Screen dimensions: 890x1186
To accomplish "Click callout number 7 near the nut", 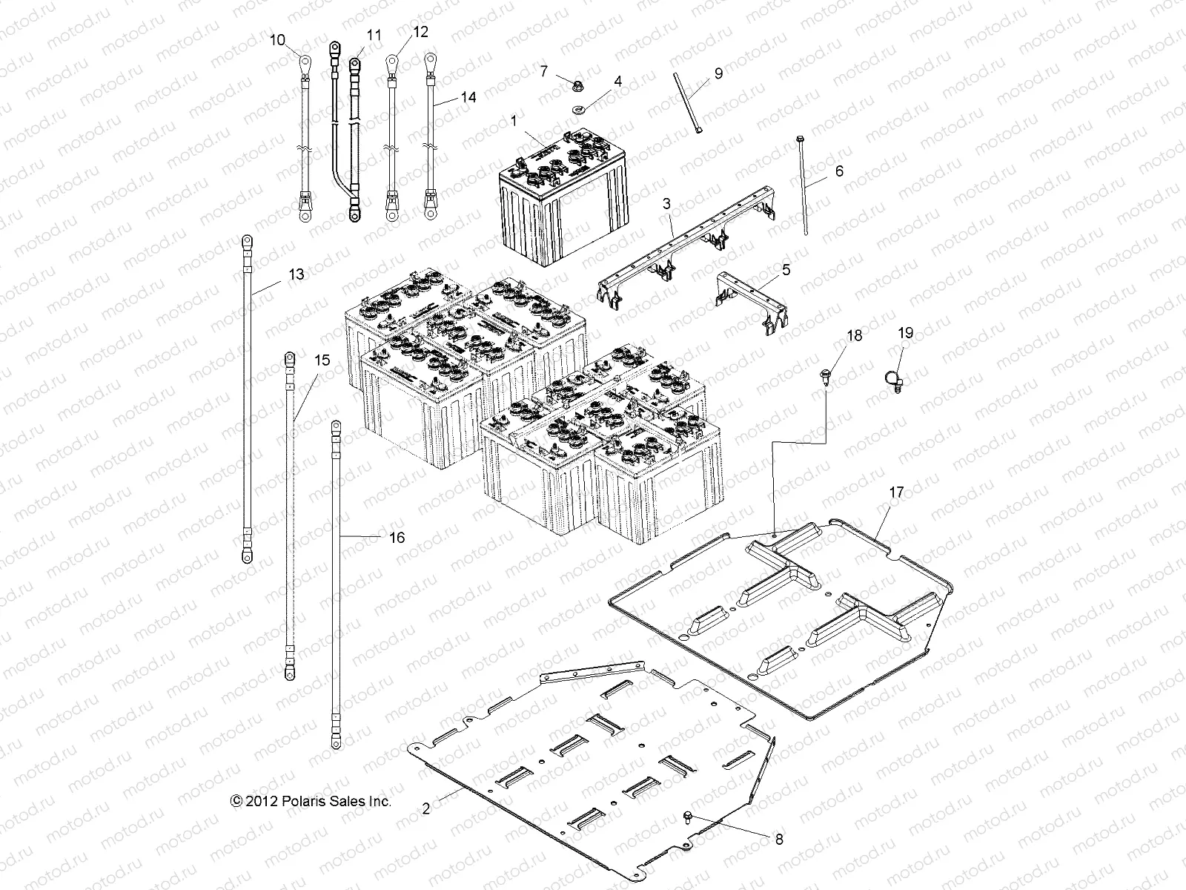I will tap(543, 71).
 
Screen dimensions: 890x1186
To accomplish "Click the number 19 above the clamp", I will tap(906, 333).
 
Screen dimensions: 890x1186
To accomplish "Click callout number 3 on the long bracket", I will tap(666, 202).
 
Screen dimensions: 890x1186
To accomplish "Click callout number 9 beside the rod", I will tap(718, 73).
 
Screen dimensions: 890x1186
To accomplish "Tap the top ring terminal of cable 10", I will tap(304, 62).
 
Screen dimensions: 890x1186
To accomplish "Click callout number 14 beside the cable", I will tap(468, 97).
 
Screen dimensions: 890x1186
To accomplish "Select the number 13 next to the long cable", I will tap(296, 274).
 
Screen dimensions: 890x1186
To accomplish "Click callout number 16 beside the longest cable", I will tap(397, 537).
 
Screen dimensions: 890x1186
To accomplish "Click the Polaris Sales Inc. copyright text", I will tap(311, 801).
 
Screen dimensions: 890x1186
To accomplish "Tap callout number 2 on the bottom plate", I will tap(425, 808).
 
